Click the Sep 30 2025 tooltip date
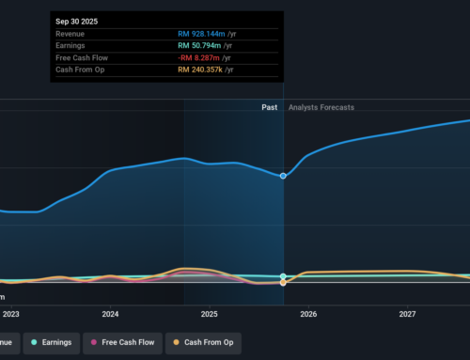pos(77,20)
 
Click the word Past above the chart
pos(271,108)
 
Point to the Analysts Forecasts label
pos(321,108)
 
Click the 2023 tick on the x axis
pos(11,314)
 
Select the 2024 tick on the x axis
pos(110,314)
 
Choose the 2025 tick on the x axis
pos(209,314)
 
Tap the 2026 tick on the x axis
pos(308,314)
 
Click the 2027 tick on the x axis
pos(407,314)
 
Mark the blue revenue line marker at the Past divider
pos(283,176)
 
